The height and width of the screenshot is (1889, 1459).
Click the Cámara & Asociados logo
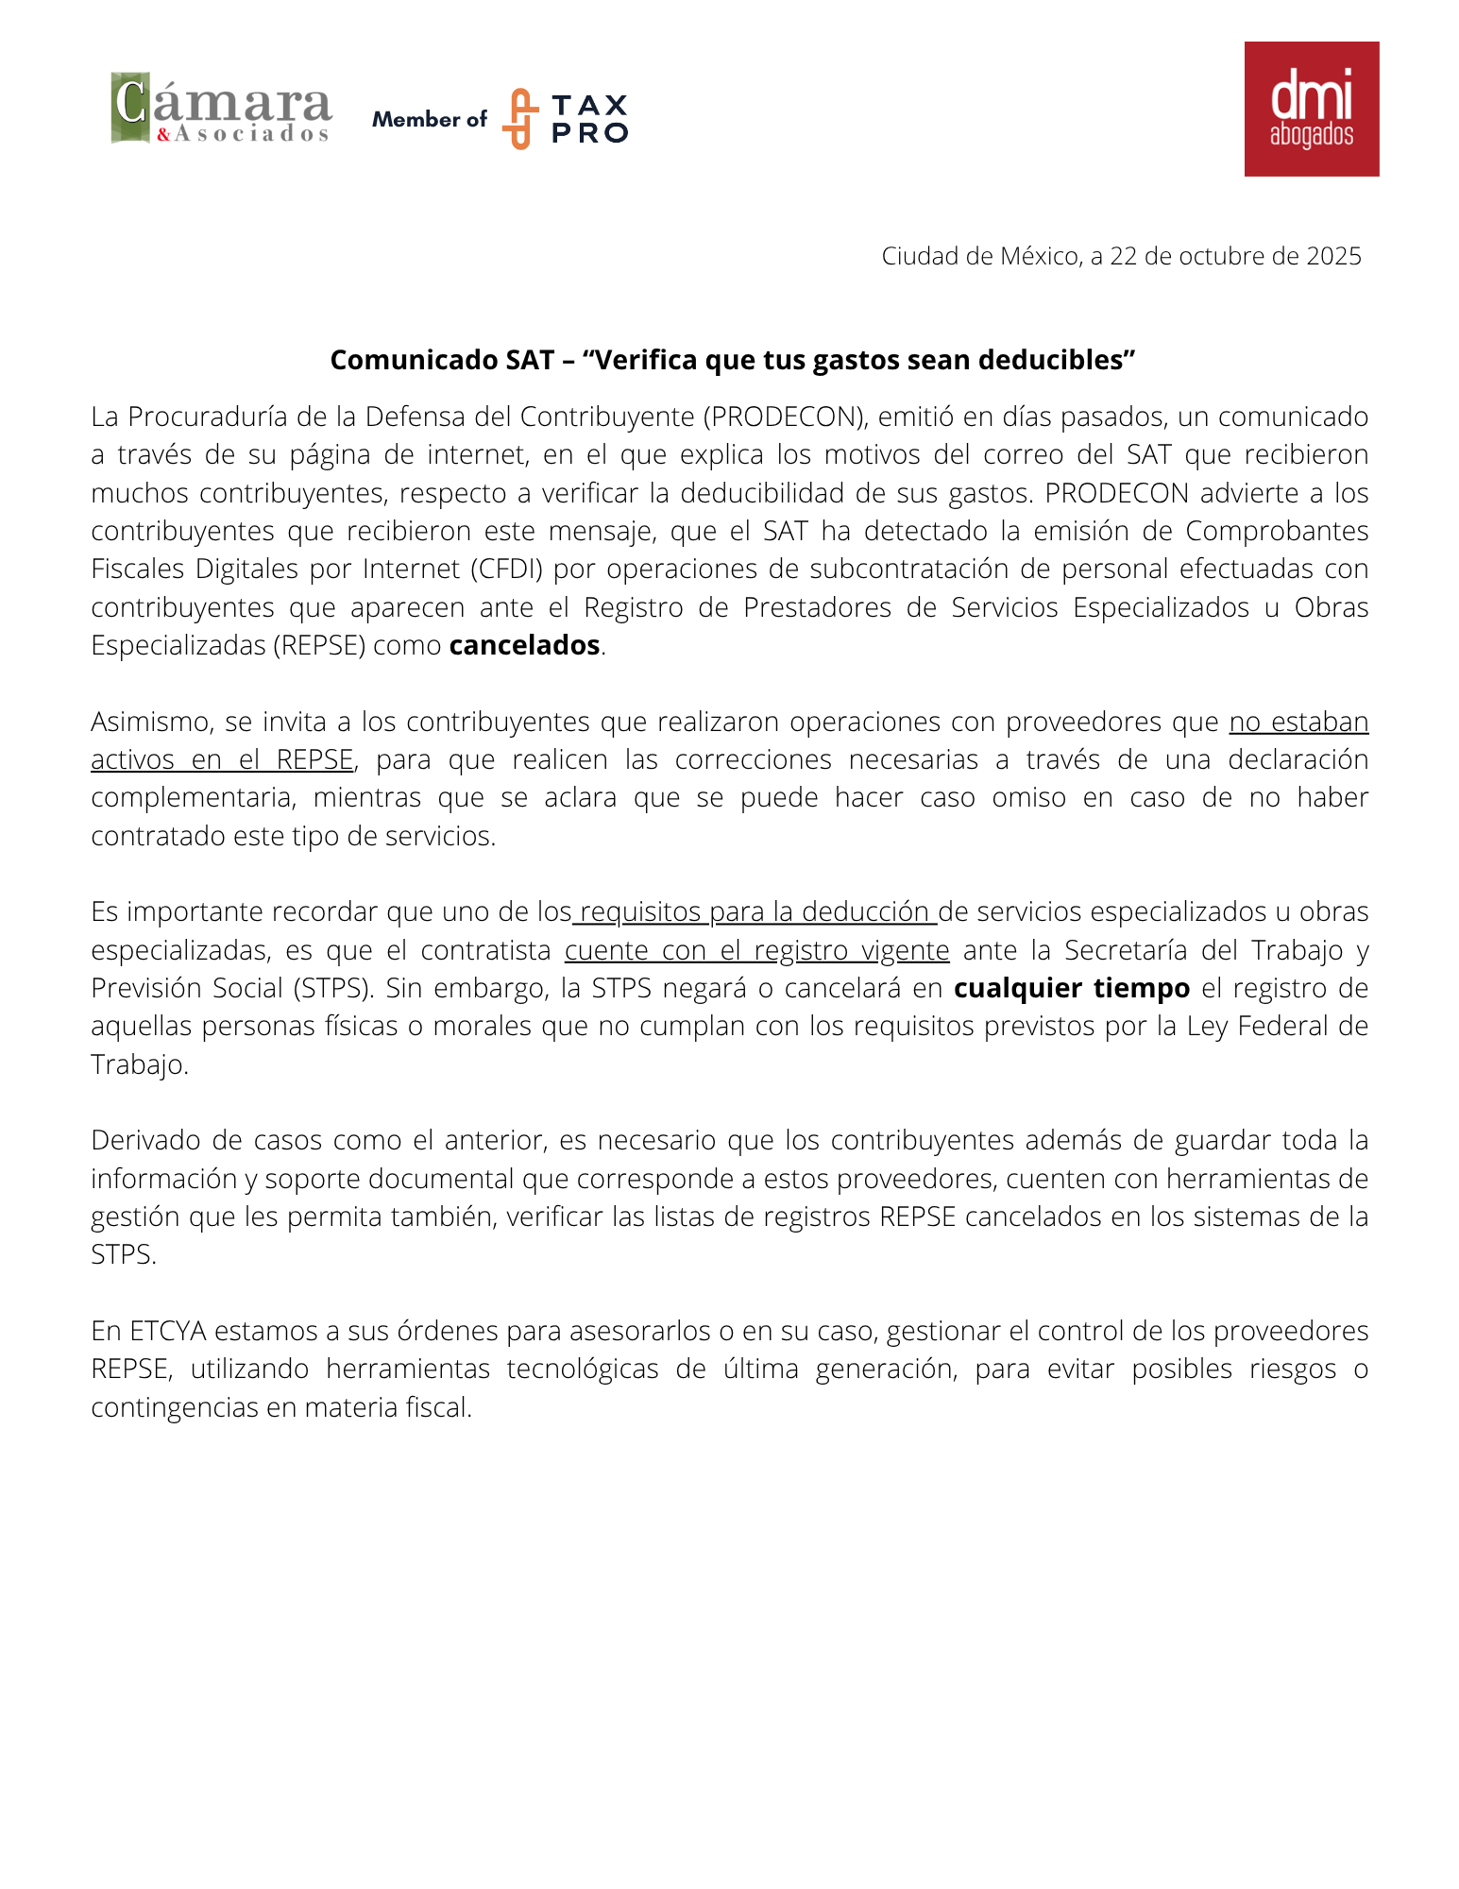click(x=221, y=109)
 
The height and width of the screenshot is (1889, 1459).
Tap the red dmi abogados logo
click(x=1311, y=109)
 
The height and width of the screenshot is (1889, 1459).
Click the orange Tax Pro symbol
click(x=519, y=119)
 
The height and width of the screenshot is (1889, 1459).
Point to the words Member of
click(x=430, y=120)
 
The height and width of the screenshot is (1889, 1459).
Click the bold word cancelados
click(x=524, y=645)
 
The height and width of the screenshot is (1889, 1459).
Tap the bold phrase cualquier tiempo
click(x=1072, y=988)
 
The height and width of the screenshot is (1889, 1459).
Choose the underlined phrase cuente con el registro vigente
click(x=756, y=950)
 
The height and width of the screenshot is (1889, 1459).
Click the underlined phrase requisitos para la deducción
click(x=755, y=911)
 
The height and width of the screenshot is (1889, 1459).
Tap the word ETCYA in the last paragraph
click(x=168, y=1331)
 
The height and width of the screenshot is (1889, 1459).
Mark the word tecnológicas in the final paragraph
click(x=583, y=1369)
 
